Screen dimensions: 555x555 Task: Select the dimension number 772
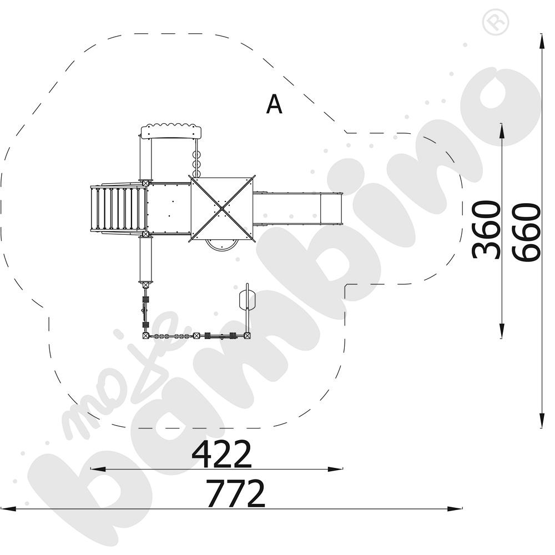click(235, 493)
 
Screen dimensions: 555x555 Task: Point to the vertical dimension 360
click(486, 230)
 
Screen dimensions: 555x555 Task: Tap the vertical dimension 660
click(526, 232)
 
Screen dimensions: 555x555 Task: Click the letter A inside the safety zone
click(274, 104)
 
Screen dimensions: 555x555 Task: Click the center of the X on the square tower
click(222, 209)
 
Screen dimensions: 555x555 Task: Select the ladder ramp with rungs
click(118, 208)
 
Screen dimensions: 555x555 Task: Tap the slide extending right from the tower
click(297, 209)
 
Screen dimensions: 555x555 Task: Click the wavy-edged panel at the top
click(171, 132)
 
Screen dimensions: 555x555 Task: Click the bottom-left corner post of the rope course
click(145, 335)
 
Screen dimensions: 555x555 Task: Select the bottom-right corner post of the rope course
click(247, 335)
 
